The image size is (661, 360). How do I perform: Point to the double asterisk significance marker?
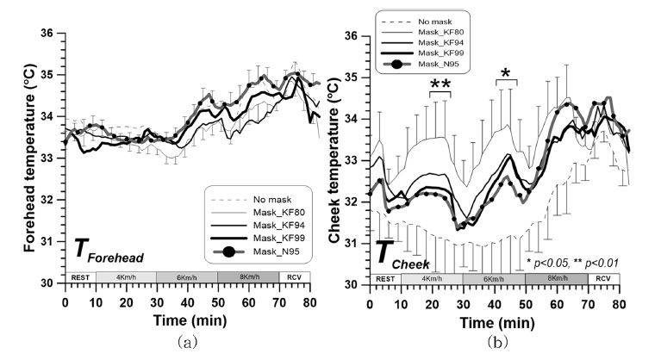(440, 84)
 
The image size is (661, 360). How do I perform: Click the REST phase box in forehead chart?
(80, 276)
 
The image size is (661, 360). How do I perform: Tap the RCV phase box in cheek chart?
(602, 279)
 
